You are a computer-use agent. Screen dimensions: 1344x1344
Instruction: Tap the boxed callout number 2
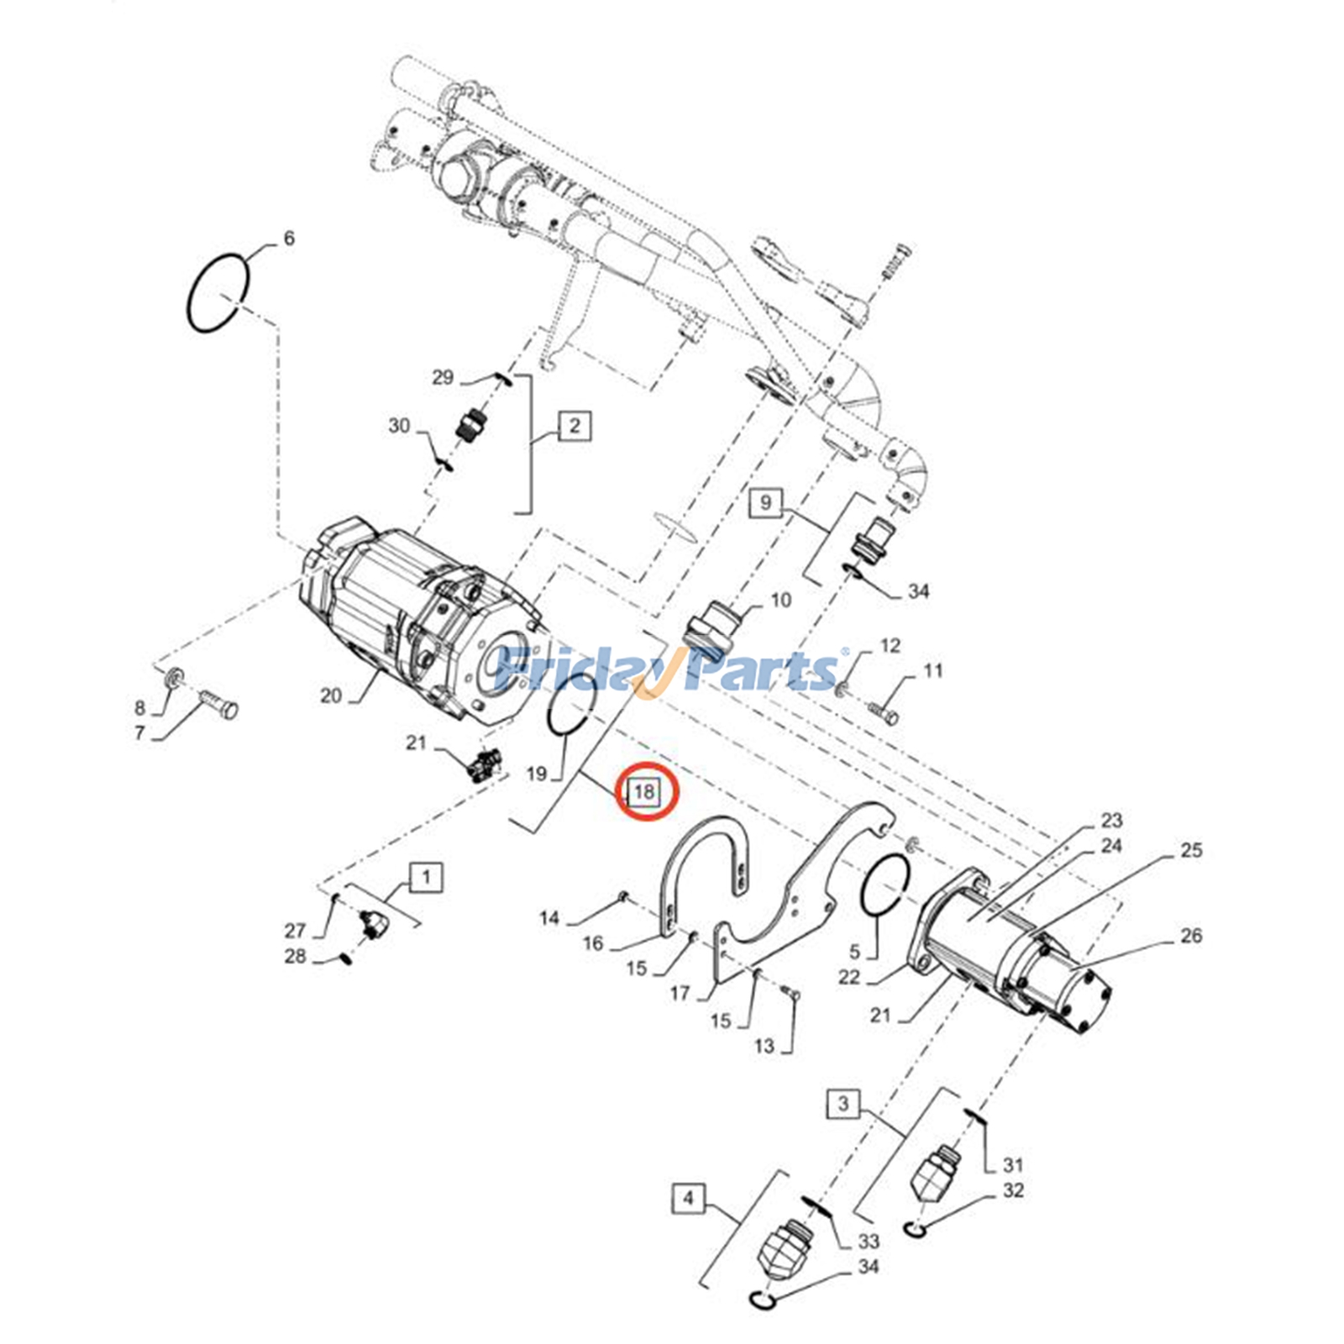[x=575, y=425]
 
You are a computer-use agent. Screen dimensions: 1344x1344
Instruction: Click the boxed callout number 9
[x=764, y=502]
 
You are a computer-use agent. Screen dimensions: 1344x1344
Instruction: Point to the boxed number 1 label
[x=427, y=878]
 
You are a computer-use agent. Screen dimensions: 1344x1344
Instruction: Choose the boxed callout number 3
[x=843, y=1103]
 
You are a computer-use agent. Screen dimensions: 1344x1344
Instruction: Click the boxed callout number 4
[x=688, y=1198]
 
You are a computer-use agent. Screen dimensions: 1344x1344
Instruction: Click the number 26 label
[x=1191, y=936]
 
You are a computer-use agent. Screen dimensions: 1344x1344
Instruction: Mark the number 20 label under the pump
[x=331, y=696]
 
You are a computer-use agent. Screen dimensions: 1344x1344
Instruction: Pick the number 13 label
[x=764, y=1046]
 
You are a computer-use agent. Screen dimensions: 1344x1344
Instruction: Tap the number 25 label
[x=1191, y=850]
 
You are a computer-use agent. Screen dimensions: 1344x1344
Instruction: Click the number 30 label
[x=399, y=426]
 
